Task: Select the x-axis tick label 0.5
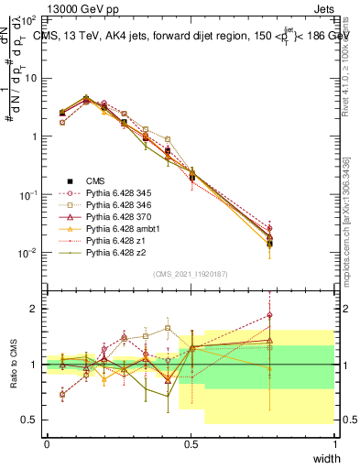tap(191, 444)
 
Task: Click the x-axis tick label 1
tap(334, 444)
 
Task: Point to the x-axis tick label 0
tap(47, 444)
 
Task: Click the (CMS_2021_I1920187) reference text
tap(191, 273)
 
